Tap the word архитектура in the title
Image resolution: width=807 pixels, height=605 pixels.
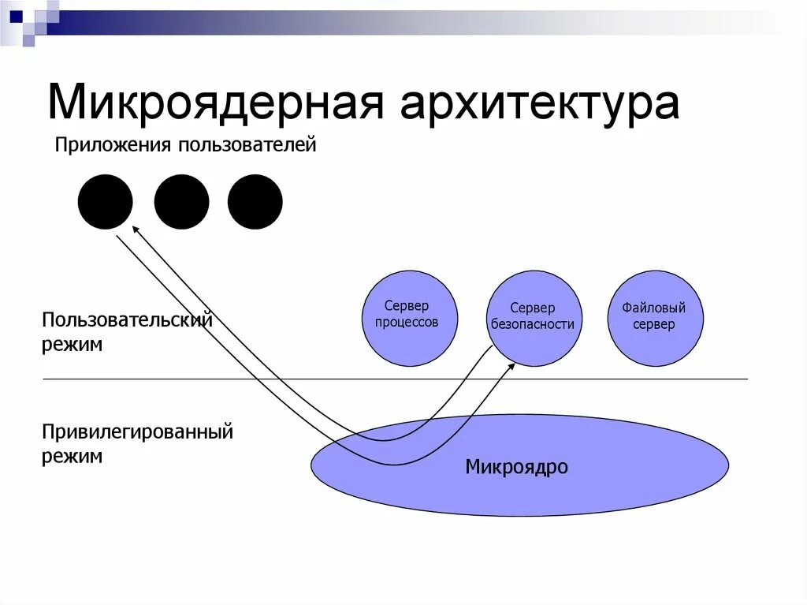click(539, 103)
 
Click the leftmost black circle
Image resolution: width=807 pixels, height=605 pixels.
click(105, 202)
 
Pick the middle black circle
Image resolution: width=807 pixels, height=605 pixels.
click(181, 202)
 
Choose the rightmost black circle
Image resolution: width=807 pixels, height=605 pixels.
click(255, 202)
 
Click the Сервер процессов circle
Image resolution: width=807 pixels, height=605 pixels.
click(408, 318)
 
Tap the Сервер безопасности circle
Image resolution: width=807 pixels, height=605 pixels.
click(534, 318)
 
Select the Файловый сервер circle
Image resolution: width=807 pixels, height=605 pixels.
click(654, 318)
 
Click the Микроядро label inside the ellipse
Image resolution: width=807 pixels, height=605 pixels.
click(516, 467)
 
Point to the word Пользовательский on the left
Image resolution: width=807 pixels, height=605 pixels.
click(128, 321)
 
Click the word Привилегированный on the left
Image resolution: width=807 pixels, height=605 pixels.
click(138, 432)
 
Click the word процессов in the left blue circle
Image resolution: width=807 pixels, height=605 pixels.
click(406, 323)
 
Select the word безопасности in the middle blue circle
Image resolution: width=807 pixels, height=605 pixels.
click(532, 324)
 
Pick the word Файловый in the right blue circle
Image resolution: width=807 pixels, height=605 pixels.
click(653, 308)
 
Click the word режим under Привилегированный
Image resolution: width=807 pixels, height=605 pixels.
click(73, 457)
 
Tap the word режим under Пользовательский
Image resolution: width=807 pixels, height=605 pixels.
click(73, 345)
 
